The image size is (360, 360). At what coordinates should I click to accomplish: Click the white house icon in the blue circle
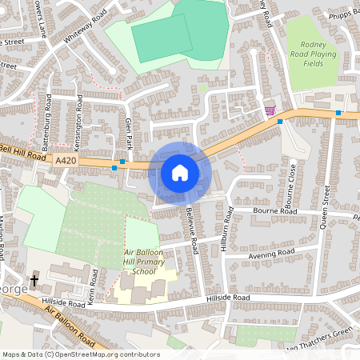point(180,172)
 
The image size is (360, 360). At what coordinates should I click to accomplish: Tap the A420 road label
point(66,161)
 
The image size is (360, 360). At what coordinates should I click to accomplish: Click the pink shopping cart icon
point(270,111)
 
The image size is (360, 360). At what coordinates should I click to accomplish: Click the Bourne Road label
point(274,212)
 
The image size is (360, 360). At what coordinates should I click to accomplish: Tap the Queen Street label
point(326,206)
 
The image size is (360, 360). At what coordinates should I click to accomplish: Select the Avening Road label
point(272,254)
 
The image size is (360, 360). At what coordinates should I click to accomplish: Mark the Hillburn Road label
point(229,230)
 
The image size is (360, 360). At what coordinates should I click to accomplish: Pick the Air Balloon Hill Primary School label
point(144,262)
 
